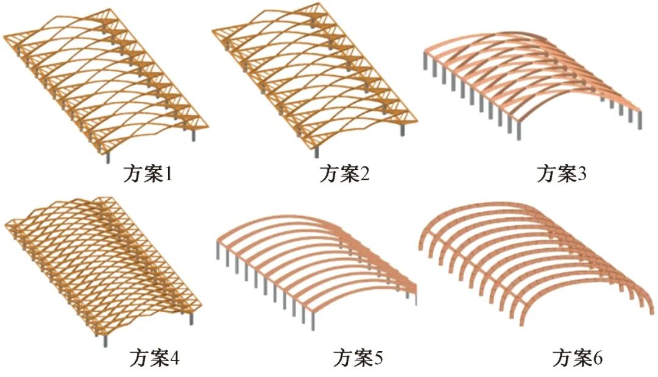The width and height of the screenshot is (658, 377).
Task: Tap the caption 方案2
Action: coord(345,175)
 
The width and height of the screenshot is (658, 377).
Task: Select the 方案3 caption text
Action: coord(561,175)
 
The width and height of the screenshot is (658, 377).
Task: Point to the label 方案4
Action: coord(154,358)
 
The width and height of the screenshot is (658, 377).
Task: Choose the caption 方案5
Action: coord(358,358)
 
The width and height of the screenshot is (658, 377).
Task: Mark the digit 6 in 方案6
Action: coord(597,358)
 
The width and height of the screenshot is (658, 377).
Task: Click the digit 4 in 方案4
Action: coord(174,358)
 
